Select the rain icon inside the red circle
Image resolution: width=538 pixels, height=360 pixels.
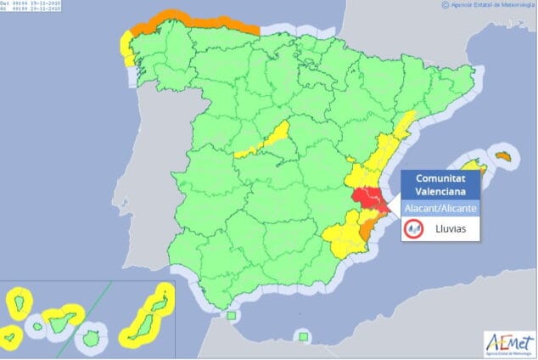[415, 228]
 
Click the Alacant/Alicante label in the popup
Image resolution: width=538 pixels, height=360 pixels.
[440, 207]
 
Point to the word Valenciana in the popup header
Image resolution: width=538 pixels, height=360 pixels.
[440, 191]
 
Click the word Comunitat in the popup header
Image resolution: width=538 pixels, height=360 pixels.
[440, 177]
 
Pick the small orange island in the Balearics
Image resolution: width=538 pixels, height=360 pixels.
[504, 156]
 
